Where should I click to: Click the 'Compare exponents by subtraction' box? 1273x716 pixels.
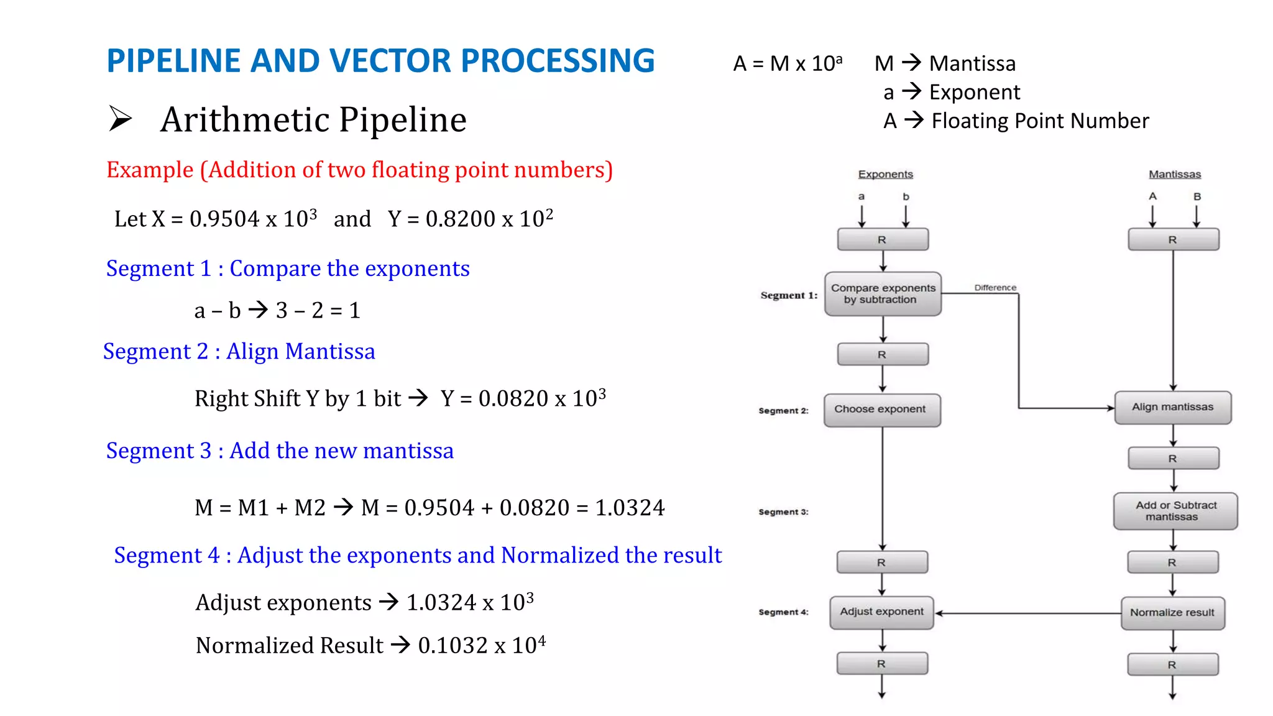coord(883,293)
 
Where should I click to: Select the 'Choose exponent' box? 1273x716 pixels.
coord(881,410)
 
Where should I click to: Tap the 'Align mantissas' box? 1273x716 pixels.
coord(1172,407)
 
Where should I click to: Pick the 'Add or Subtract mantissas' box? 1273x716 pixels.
coord(1175,511)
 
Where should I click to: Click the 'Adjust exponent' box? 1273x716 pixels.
coord(881,612)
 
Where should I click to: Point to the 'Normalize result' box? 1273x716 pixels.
coord(1172,613)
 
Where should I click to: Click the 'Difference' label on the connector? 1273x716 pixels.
coord(995,288)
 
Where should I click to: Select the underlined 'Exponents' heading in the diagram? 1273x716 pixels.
coord(885,175)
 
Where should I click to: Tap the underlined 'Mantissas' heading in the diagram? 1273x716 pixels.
coord(1174,175)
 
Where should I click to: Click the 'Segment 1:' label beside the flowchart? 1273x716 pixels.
coord(788,295)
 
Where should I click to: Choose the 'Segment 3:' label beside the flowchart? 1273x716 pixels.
coord(783,512)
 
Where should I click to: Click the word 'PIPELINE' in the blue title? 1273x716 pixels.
coord(173,61)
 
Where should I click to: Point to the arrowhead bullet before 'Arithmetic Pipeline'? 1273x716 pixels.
coord(121,119)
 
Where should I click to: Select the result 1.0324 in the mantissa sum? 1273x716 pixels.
coord(630,508)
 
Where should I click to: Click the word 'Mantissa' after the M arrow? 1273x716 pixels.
coord(972,63)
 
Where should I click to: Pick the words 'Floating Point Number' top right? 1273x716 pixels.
coord(1040,121)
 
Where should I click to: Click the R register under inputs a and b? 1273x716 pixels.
coord(883,239)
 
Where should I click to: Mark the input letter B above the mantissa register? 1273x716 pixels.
coord(1197,197)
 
